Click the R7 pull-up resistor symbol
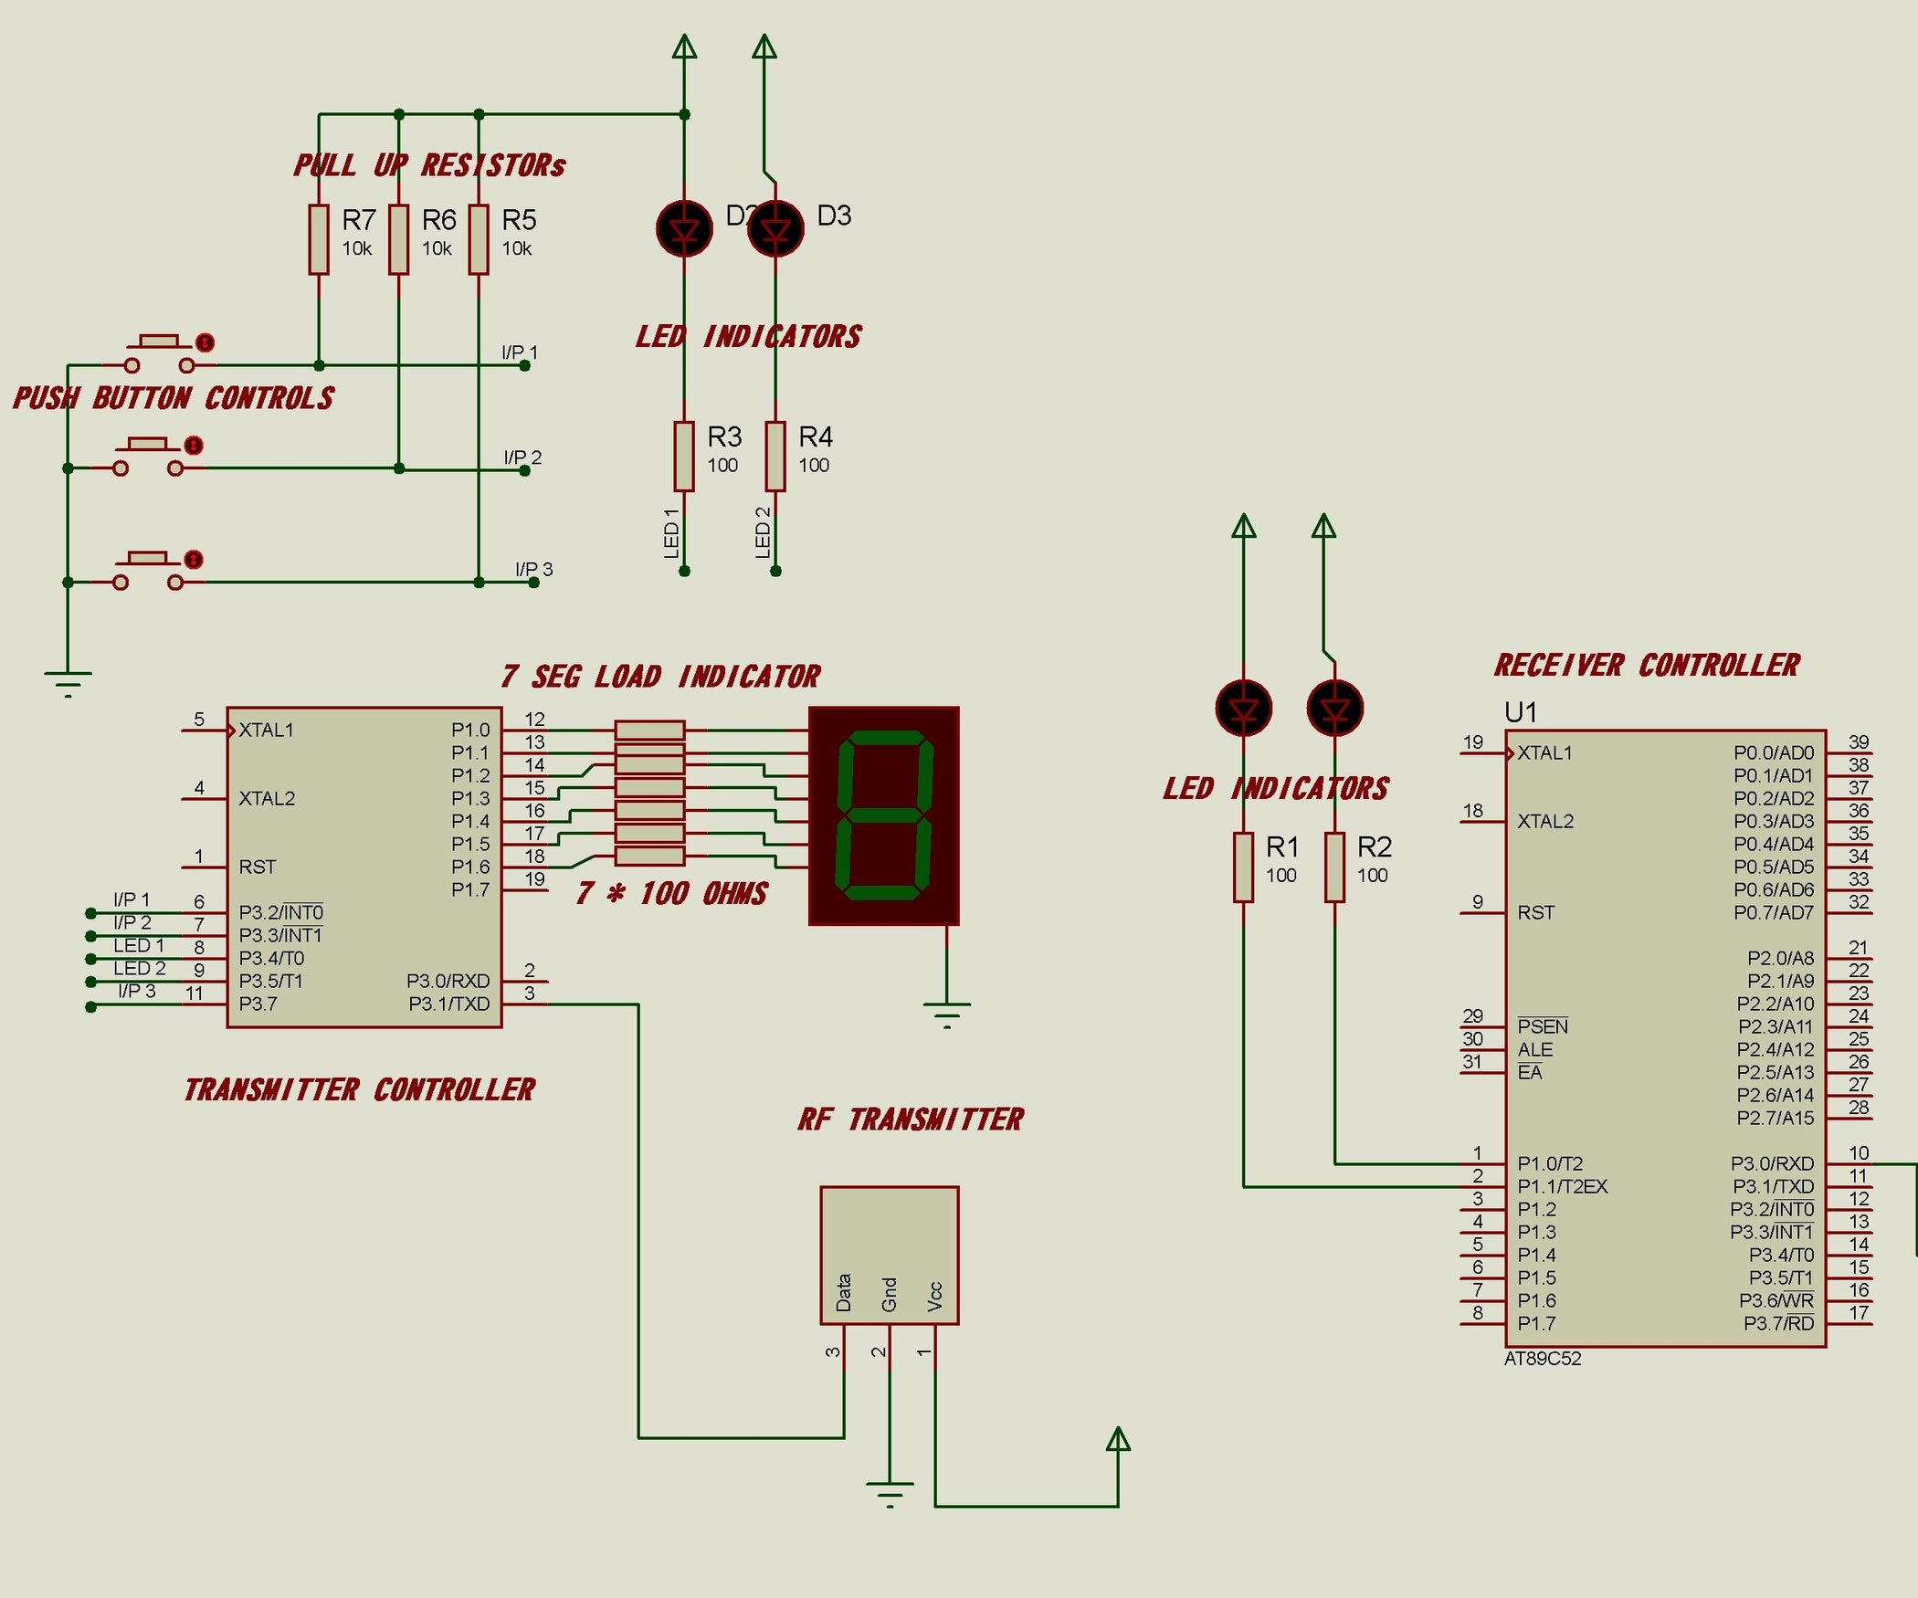(318, 239)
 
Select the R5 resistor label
(519, 220)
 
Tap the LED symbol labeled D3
(775, 228)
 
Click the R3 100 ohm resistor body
(684, 456)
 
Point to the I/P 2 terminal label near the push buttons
(522, 457)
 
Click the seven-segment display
(884, 815)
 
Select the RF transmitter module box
(889, 1255)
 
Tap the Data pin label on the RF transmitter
(844, 1292)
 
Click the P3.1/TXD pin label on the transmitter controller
(448, 1004)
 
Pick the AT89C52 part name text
(1542, 1359)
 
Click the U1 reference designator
(1521, 712)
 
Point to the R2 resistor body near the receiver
(1334, 867)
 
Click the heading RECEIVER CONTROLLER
(1646, 665)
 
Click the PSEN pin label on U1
(1542, 1026)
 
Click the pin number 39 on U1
(1858, 741)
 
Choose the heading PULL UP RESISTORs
(429, 165)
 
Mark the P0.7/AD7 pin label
(1773, 912)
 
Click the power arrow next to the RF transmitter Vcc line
(1118, 1440)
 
